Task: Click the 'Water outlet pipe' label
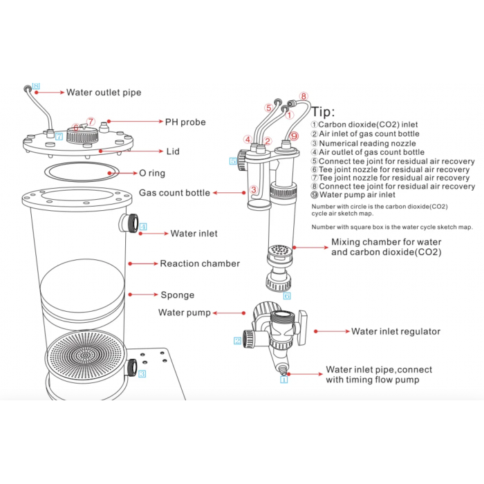click(104, 91)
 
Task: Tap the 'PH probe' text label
click(185, 122)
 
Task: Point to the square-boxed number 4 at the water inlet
click(143, 226)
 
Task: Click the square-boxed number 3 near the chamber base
click(142, 374)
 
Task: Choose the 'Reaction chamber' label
click(200, 263)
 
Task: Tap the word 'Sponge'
click(177, 295)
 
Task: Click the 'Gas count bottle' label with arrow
click(175, 193)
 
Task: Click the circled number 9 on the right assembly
click(294, 136)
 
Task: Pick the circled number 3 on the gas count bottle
click(254, 190)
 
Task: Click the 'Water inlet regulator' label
click(395, 332)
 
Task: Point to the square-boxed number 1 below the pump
click(283, 379)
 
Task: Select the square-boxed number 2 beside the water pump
click(237, 340)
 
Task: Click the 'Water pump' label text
click(185, 313)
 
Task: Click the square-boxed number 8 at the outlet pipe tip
click(37, 86)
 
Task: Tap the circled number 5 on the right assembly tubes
click(268, 107)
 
